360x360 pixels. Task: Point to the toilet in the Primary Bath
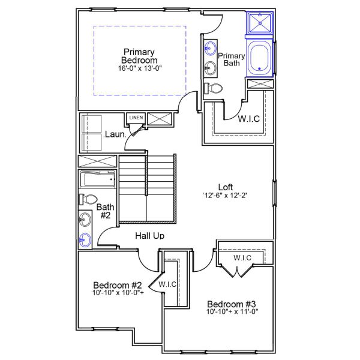pos(214,88)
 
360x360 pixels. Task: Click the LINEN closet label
pos(136,118)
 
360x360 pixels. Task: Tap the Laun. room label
pos(115,134)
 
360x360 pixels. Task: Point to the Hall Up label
pos(149,236)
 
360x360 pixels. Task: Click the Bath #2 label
pos(104,211)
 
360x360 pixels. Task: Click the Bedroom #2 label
pos(117,285)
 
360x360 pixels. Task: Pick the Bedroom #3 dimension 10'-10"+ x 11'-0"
pos(232,313)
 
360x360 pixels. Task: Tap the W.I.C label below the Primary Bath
pos(248,119)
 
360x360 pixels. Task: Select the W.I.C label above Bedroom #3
pos(242,258)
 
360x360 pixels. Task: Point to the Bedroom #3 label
pos(232,304)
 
